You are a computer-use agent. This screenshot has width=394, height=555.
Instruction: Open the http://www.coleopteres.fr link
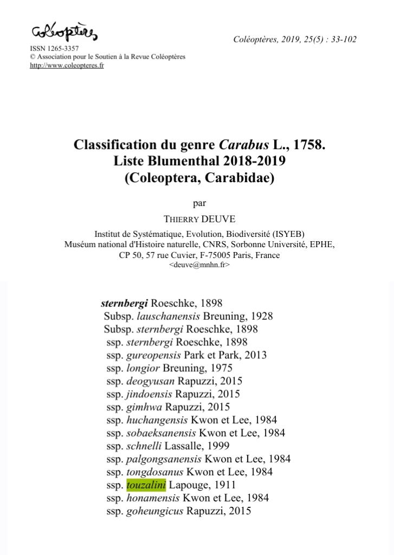pos(67,66)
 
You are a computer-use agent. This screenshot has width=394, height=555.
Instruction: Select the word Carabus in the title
pos(240,145)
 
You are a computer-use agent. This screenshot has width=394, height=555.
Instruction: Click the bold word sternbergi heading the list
pos(124,303)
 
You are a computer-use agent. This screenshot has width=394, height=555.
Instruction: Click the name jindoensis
pos(150,394)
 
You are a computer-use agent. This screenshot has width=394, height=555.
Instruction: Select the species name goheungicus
pos(155,511)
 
